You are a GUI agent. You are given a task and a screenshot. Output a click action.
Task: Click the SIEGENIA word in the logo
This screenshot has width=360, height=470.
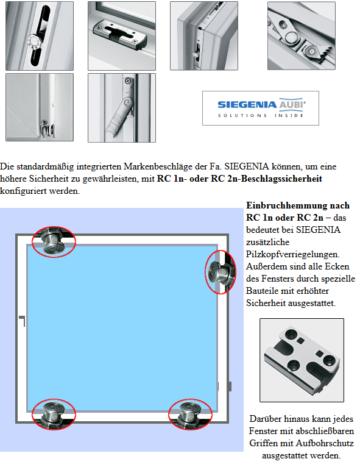(247, 105)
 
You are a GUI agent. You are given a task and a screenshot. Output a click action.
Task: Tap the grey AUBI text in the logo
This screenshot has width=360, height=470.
(292, 104)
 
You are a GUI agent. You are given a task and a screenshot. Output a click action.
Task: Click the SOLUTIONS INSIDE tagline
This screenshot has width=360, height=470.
(261, 115)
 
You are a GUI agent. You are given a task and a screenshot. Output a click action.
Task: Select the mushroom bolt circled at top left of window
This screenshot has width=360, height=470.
(54, 241)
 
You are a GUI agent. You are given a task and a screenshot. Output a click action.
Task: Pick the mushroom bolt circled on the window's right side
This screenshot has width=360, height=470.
(221, 272)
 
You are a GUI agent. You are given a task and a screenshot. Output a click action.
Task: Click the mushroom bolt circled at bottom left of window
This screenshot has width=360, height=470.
(54, 415)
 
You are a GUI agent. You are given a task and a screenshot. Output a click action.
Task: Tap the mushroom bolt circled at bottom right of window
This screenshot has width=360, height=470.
(190, 415)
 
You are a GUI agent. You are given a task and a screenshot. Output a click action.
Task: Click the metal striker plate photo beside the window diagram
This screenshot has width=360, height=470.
(302, 360)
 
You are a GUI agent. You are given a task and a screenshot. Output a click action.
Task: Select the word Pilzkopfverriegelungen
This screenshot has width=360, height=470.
(292, 254)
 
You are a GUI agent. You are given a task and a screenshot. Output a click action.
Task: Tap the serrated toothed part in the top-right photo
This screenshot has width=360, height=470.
(320, 52)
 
